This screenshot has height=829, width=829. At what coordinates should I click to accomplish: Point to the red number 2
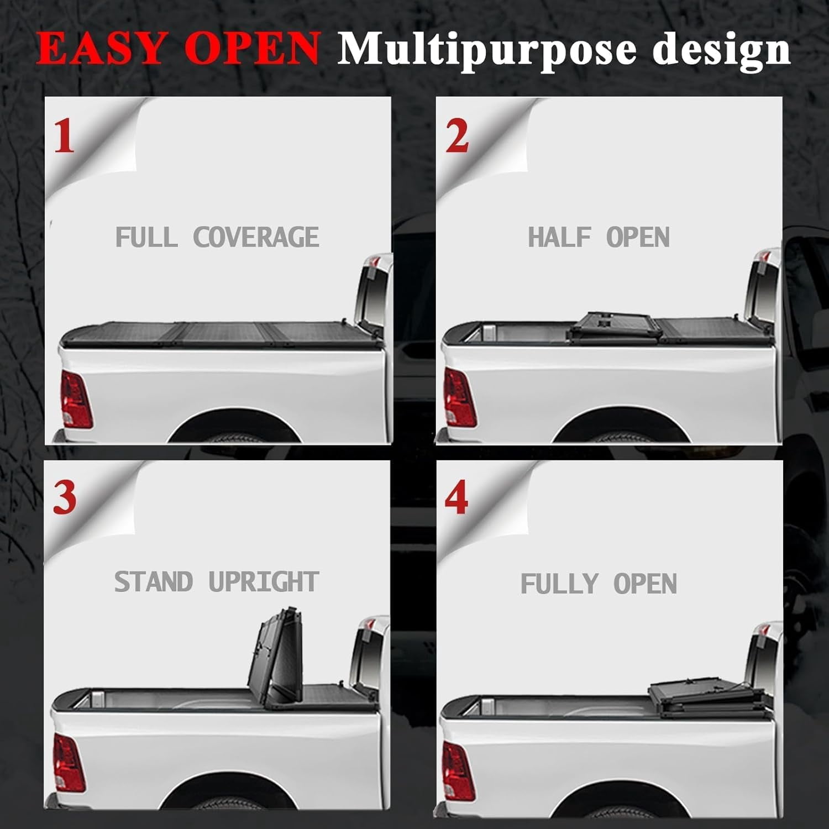point(457,137)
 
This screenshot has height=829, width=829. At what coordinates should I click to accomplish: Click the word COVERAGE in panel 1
point(256,238)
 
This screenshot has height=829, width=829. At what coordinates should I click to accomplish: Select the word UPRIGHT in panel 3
point(264,582)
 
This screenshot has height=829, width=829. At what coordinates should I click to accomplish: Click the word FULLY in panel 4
point(559,584)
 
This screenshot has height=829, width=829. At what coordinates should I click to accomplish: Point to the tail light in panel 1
point(76,399)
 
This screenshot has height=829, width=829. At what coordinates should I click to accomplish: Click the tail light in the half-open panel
point(460,397)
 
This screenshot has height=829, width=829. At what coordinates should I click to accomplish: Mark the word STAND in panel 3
point(153,582)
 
